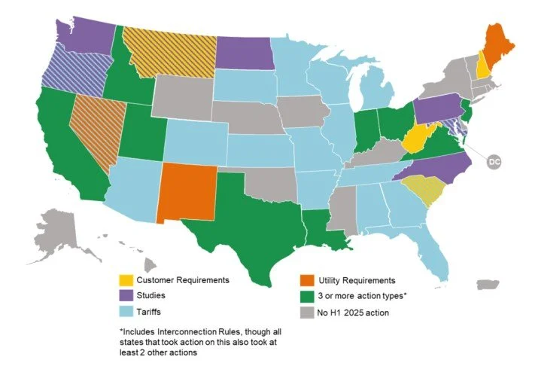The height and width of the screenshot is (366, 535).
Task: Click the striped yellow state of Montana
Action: pyautogui.click(x=169, y=49)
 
